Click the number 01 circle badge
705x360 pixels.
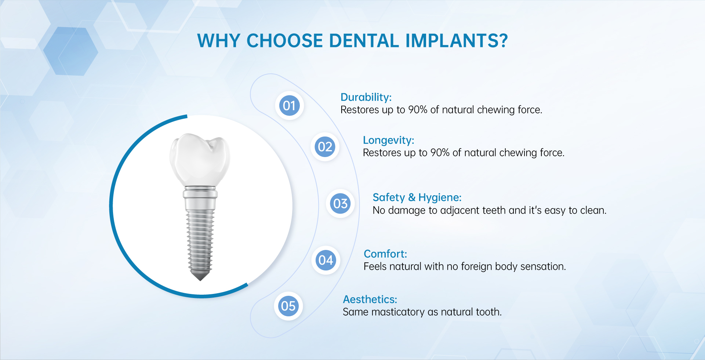tap(289, 106)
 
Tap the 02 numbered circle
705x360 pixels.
tap(325, 147)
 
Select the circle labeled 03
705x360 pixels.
tap(340, 204)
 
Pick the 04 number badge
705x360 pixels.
tap(326, 260)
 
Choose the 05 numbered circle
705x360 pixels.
tap(288, 306)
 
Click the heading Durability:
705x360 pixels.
tap(366, 97)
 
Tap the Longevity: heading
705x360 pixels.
tap(388, 140)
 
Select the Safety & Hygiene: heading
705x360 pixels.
tap(417, 197)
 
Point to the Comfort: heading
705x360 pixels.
tap(385, 254)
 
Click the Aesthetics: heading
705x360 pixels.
tap(370, 299)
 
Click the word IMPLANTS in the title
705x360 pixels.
tap(457, 41)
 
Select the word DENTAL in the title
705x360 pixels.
tap(364, 41)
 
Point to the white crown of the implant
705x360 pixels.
tap(200, 160)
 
